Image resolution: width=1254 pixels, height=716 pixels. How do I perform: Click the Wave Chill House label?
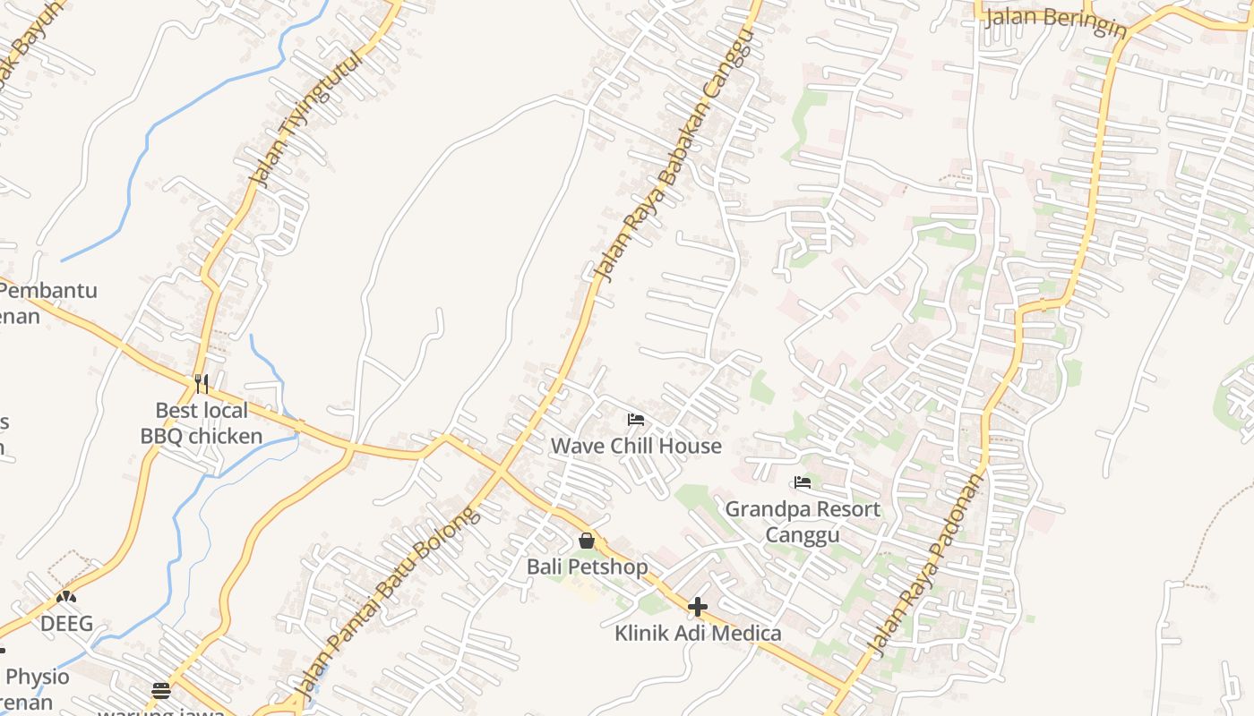[x=636, y=446]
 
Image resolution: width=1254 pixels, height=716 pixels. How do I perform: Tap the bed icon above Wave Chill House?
[x=636, y=419]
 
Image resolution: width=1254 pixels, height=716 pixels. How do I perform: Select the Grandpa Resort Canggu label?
[x=803, y=522]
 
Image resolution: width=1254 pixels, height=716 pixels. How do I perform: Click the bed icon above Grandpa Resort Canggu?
[x=803, y=482]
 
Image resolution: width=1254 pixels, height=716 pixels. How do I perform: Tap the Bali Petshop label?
[x=587, y=567]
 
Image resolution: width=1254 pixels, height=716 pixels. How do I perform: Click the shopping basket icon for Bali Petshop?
[x=587, y=541]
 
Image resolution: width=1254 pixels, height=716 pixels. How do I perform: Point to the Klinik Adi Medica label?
[x=698, y=634]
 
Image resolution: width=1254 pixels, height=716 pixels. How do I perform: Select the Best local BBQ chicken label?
[x=202, y=423]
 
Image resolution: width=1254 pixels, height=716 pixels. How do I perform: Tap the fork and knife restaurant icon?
[x=202, y=384]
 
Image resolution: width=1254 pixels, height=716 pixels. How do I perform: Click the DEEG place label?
[x=66, y=624]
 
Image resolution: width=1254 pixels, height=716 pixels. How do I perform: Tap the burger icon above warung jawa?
[x=161, y=690]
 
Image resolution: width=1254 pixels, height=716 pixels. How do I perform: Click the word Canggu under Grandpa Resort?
[x=803, y=535]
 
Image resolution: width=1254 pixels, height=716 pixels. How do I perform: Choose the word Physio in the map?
[x=38, y=677]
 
